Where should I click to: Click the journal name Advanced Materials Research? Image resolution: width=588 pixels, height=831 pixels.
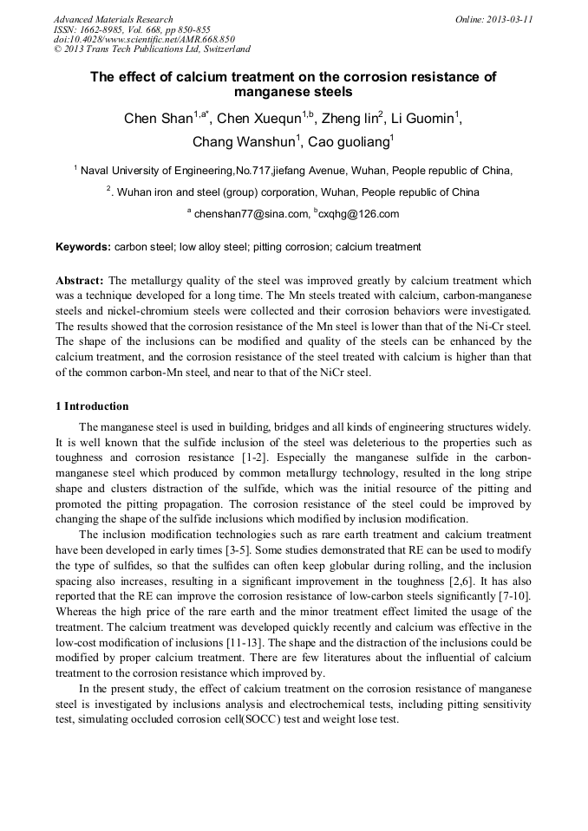[x=113, y=19]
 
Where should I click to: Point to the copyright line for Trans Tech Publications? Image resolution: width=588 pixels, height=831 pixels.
[x=152, y=49]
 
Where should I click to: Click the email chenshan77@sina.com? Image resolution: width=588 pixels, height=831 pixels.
[x=251, y=214]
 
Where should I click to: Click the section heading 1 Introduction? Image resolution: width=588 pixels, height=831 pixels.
[x=92, y=406]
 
